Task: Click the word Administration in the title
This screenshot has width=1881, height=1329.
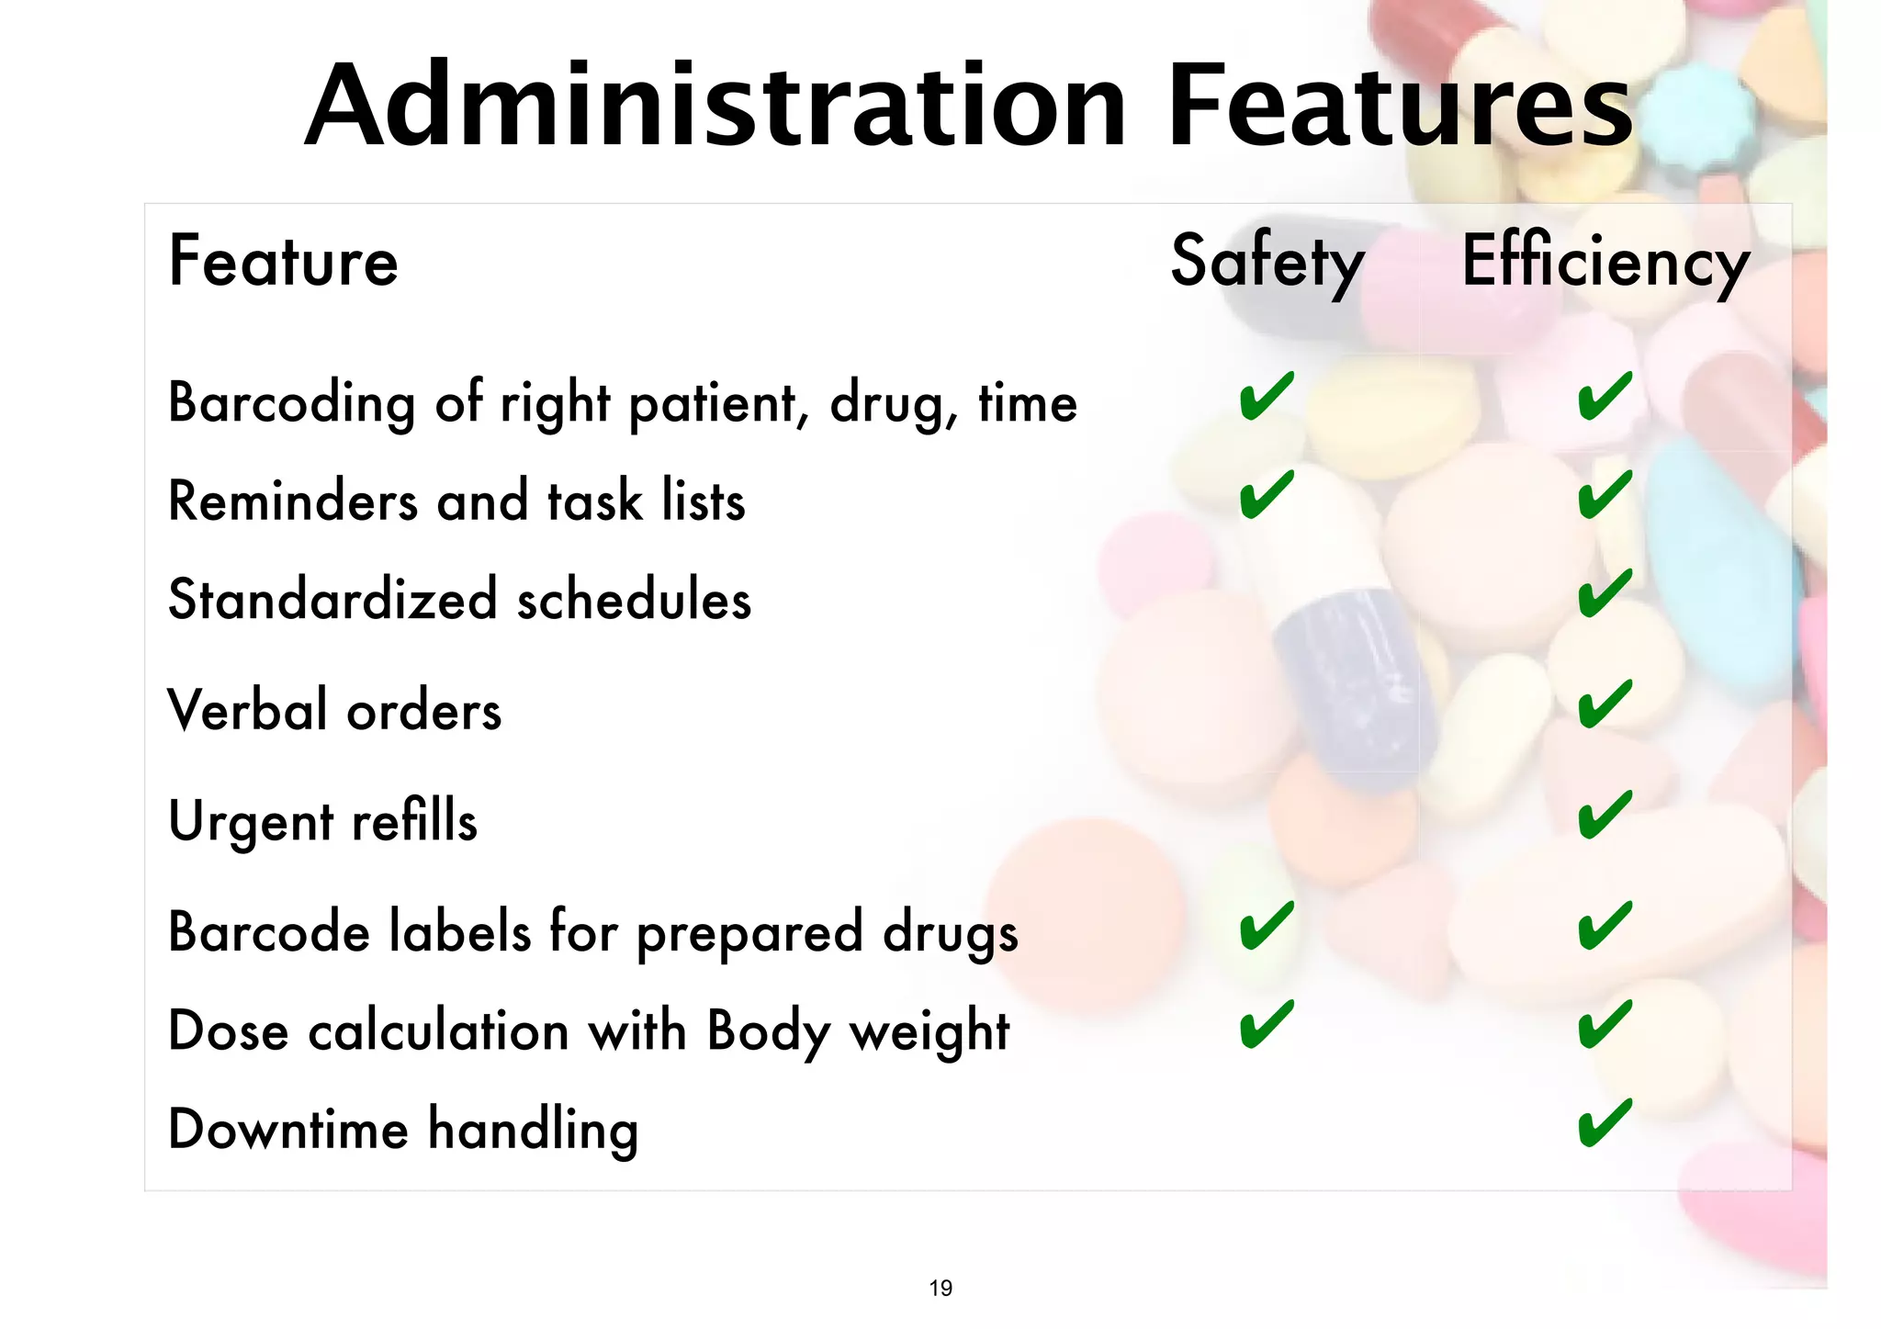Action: coord(715,106)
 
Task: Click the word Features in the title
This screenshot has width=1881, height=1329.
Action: coord(1400,106)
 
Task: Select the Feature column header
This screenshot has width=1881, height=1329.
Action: coord(283,262)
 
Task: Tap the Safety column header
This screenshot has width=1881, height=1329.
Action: coord(1267,262)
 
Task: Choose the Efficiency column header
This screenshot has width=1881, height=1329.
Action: coord(1605,262)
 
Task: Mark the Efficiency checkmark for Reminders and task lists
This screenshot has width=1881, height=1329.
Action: coord(1605,495)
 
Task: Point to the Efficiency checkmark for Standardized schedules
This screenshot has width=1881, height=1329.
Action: coord(1605,593)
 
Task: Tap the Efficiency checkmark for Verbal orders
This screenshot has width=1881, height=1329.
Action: coord(1605,704)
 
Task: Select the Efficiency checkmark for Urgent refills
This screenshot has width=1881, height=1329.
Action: coord(1605,815)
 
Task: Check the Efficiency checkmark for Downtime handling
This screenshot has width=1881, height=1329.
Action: coord(1605,1123)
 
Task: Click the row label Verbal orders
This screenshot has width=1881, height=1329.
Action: coord(334,711)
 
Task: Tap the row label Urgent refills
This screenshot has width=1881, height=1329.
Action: coord(322,821)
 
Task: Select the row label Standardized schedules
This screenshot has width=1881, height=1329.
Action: coord(459,600)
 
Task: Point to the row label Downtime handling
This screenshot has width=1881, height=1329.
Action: coord(402,1130)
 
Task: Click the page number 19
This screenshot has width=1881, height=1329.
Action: coord(940,1289)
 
